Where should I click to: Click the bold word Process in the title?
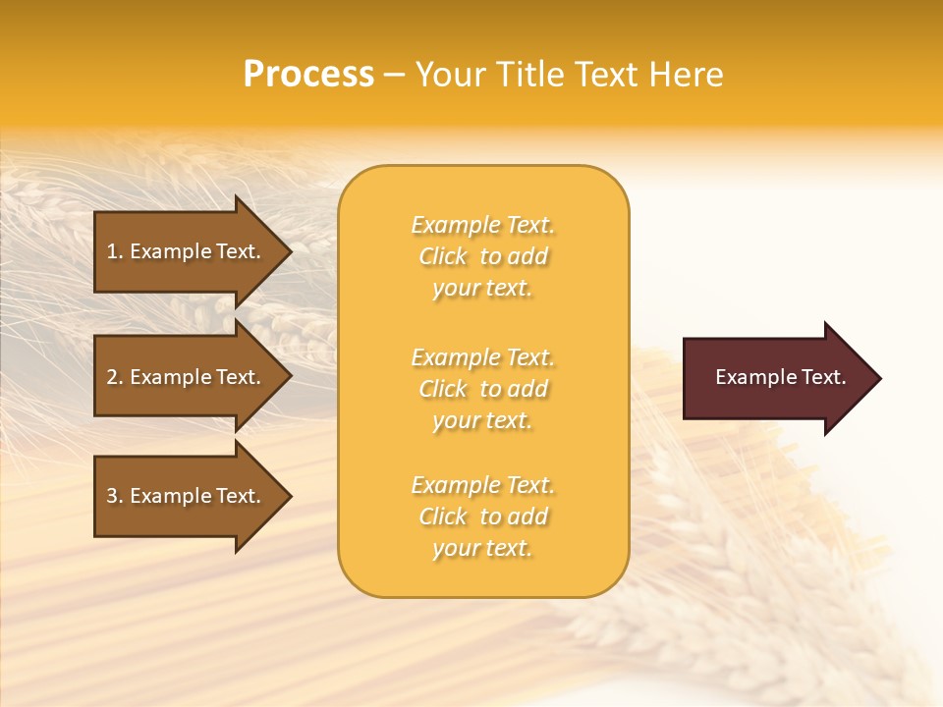point(308,75)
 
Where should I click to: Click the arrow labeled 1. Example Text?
point(187,251)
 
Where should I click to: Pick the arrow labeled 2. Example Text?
point(187,377)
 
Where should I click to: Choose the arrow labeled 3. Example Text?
point(187,496)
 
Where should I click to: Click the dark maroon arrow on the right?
point(776,378)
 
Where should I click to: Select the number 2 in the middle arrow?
point(113,377)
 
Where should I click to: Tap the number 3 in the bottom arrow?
point(113,496)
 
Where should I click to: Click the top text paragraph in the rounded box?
point(482,256)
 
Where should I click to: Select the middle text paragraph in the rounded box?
point(482,389)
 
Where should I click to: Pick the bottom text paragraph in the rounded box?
point(482,517)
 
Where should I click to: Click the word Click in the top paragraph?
point(443,256)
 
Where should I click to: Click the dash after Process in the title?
point(394,76)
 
